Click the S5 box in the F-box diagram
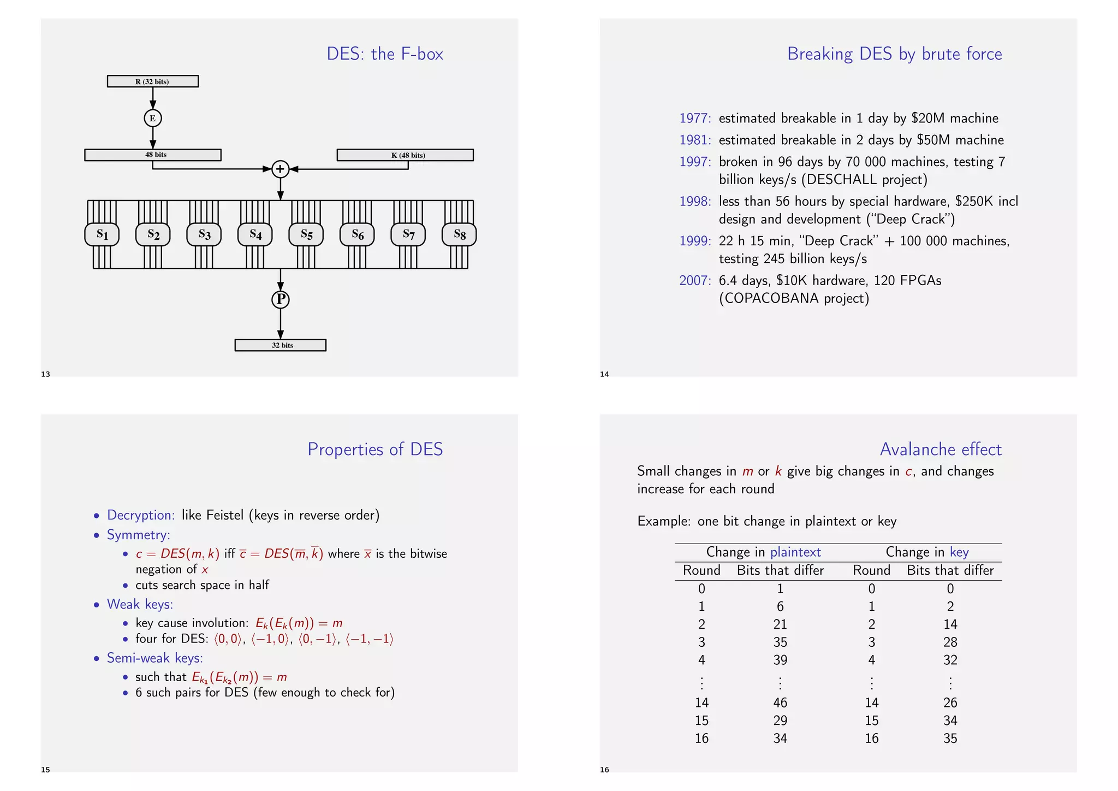[x=306, y=234]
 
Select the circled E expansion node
[x=153, y=118]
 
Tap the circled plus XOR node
[x=280, y=169]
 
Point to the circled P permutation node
[x=281, y=299]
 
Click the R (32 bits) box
[x=153, y=81]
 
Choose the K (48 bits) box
[x=405, y=155]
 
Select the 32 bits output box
[x=281, y=345]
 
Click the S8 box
[x=459, y=234]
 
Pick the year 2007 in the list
[x=694, y=280]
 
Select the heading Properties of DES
[x=375, y=449]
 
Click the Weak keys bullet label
[x=140, y=604]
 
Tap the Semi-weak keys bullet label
[x=155, y=658]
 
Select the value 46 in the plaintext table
[x=780, y=703]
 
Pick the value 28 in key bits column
[x=950, y=642]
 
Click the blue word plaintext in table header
[x=795, y=552]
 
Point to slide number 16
[x=604, y=770]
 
